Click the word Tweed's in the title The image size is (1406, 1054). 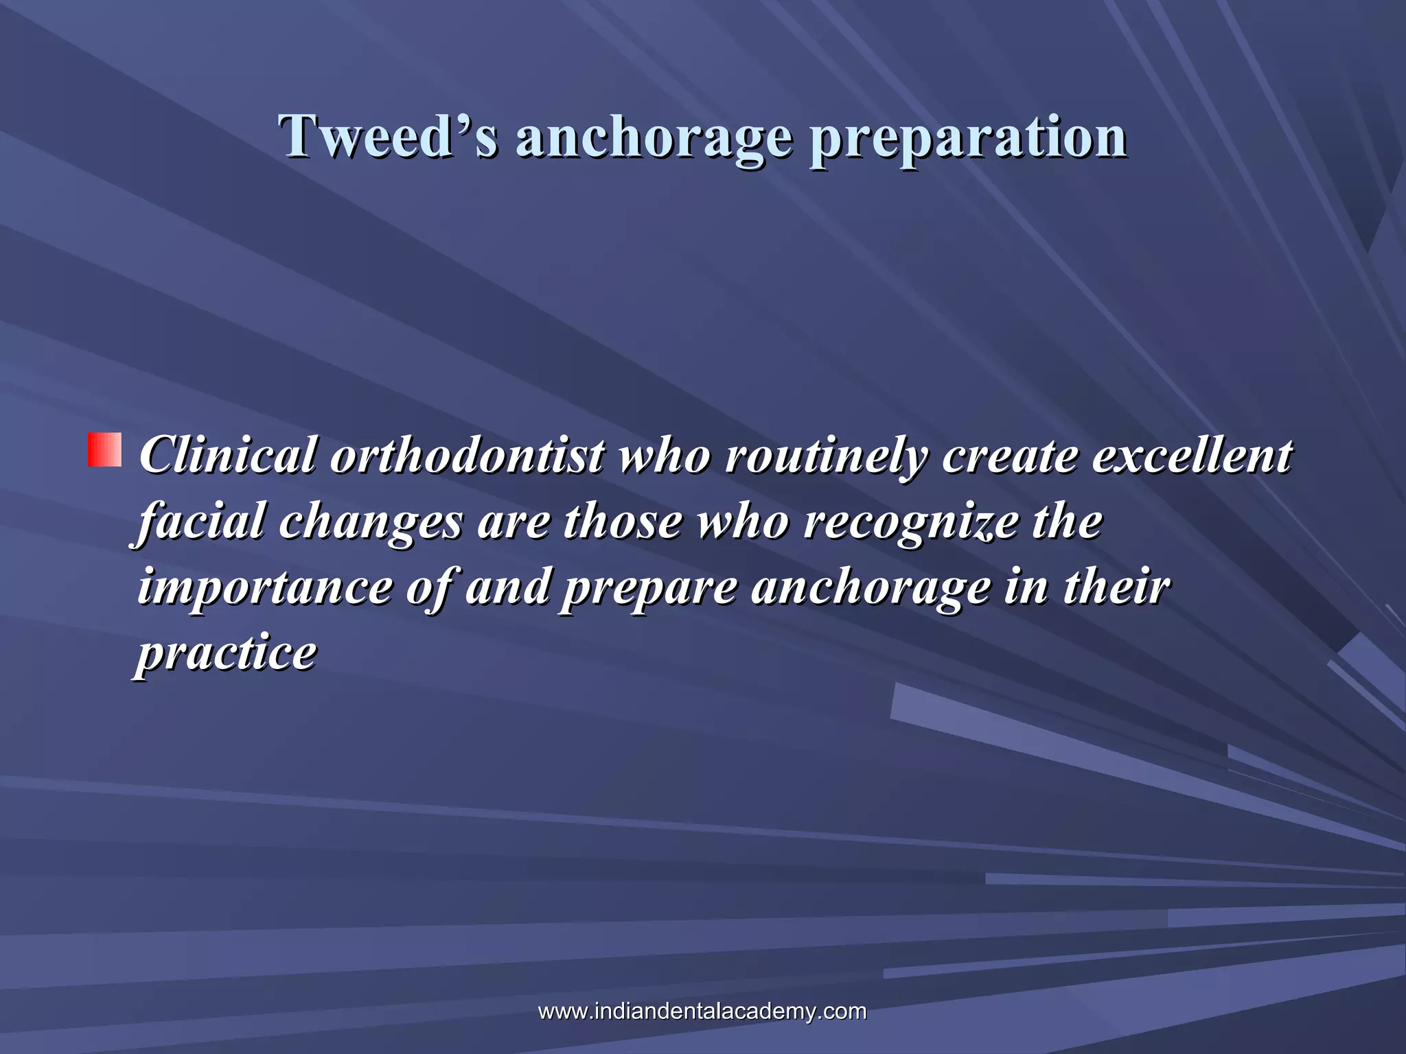(x=388, y=137)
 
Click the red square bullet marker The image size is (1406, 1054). (x=104, y=449)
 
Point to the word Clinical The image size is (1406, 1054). (x=228, y=456)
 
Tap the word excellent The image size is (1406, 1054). (x=1192, y=456)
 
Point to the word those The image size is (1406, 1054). (x=623, y=522)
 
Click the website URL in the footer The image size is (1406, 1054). (x=702, y=1011)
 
